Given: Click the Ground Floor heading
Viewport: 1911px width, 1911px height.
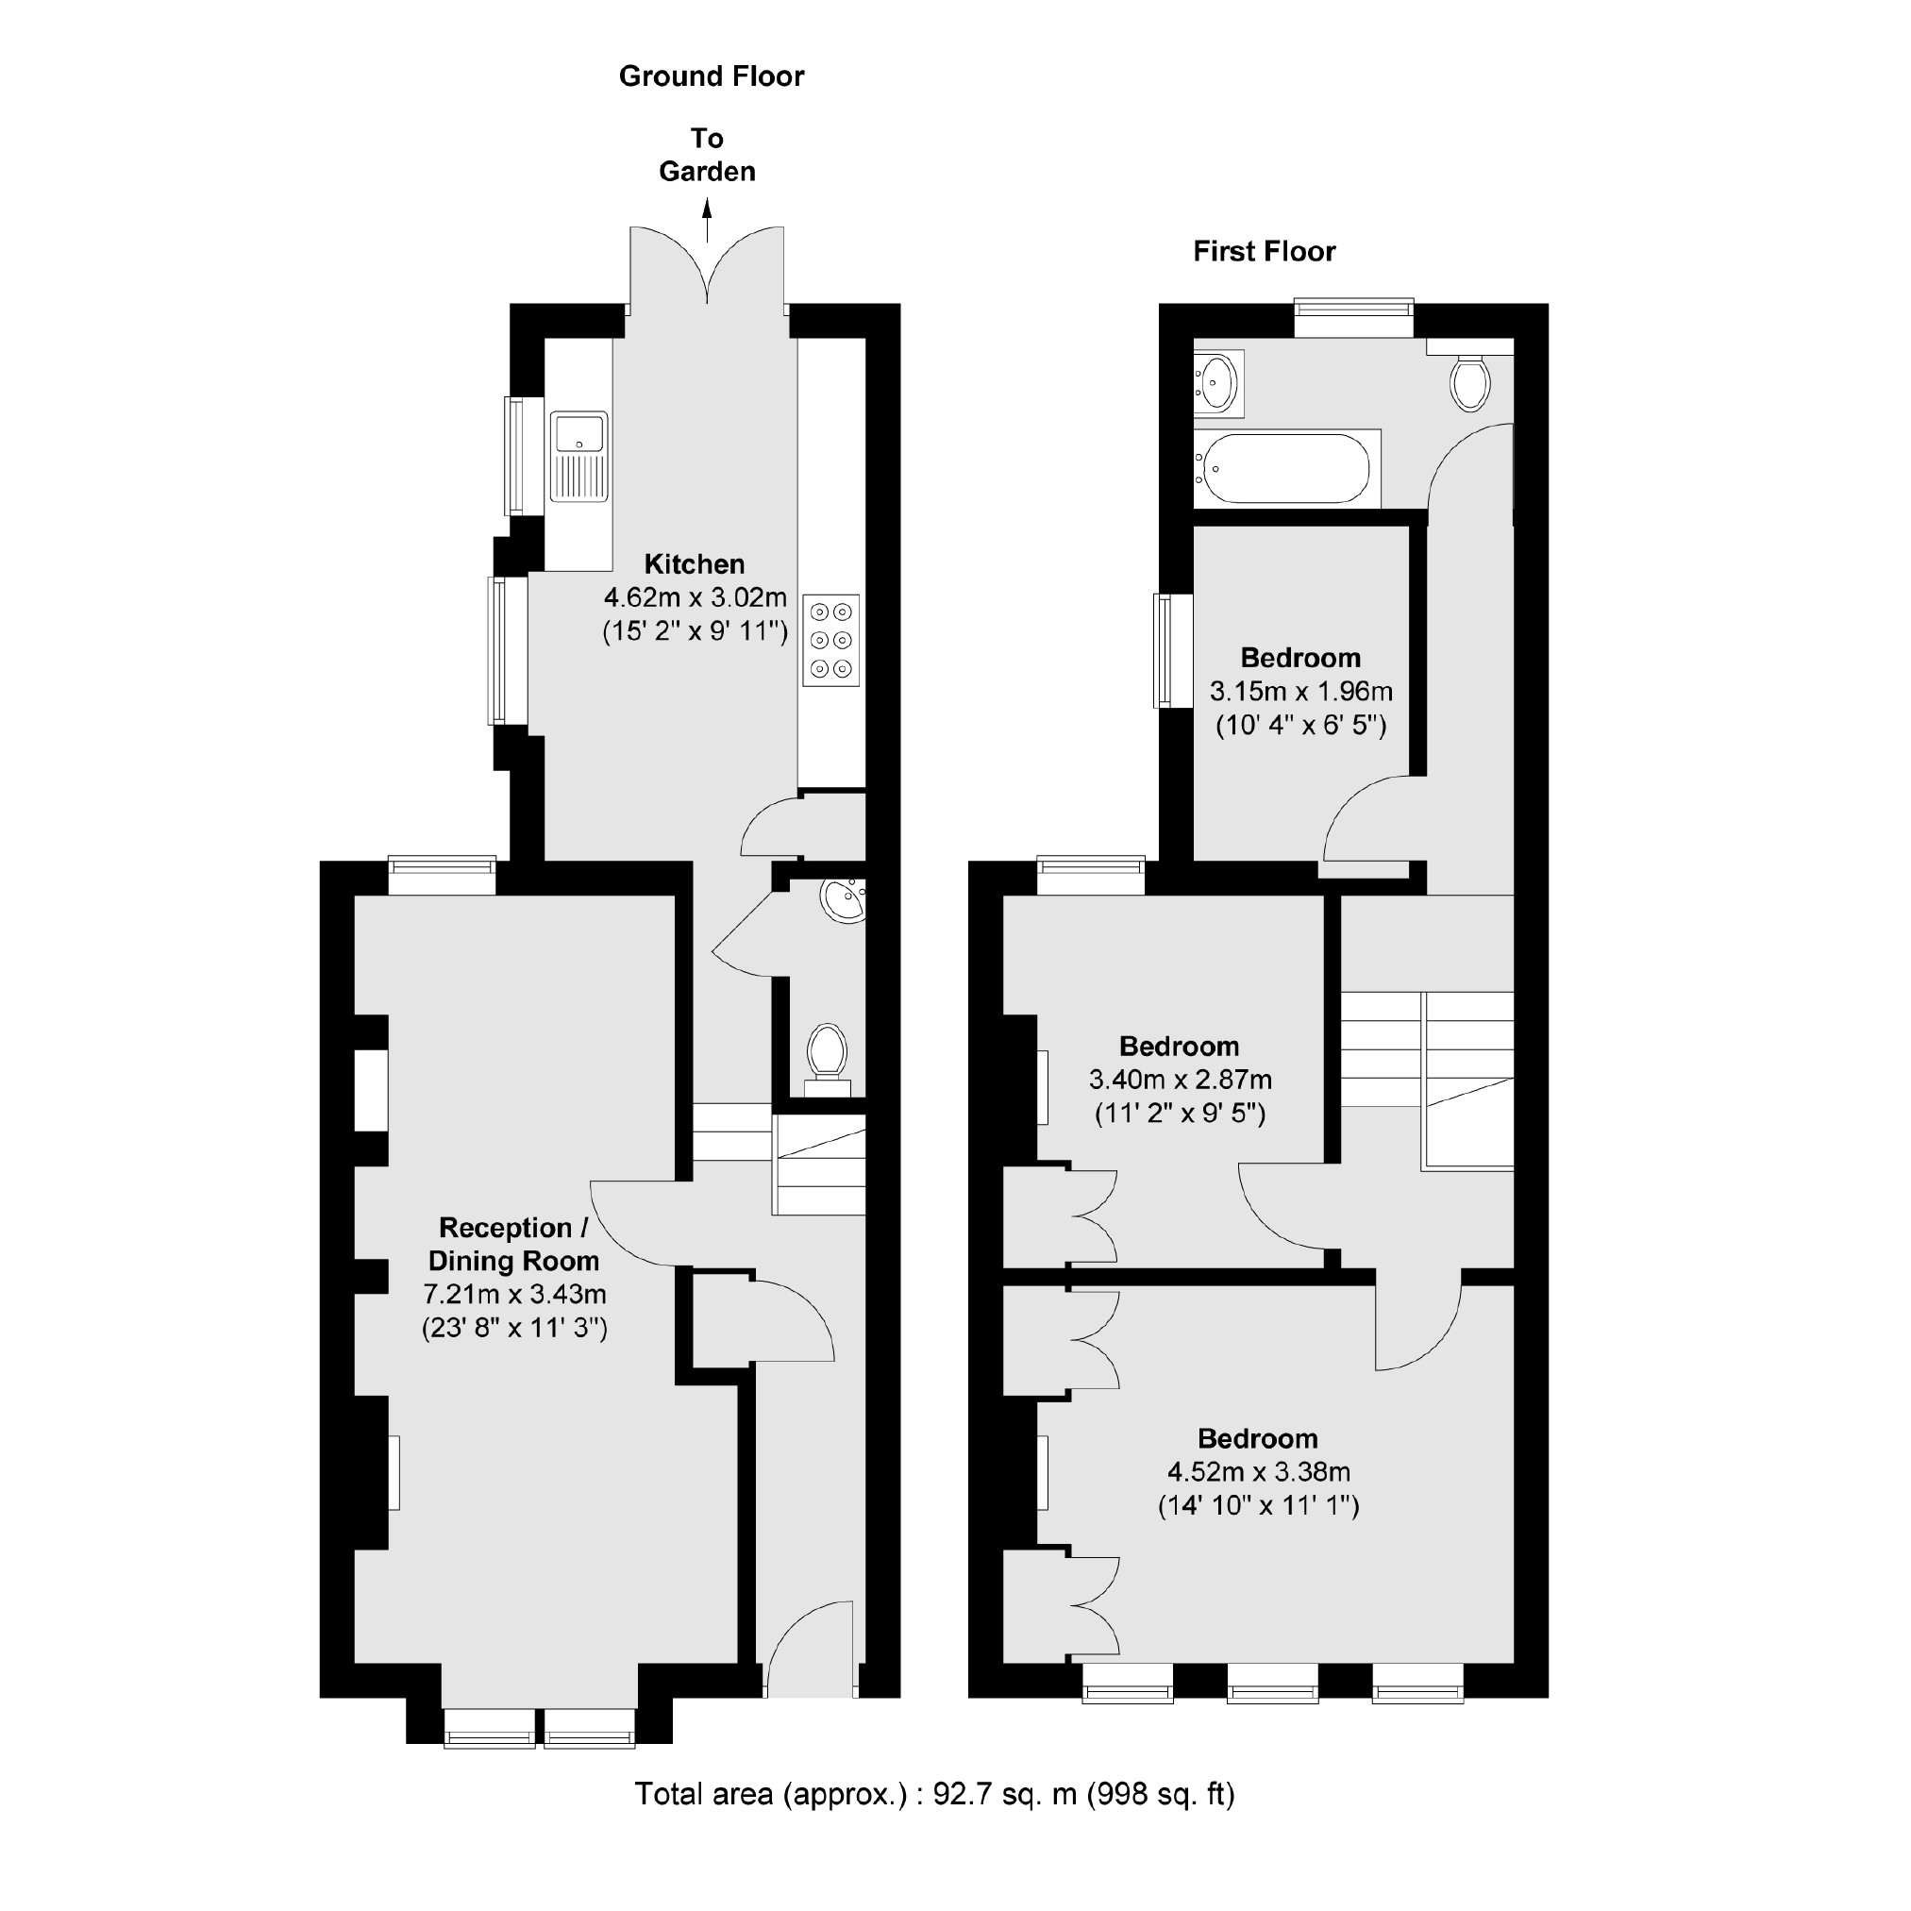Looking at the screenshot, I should pos(712,76).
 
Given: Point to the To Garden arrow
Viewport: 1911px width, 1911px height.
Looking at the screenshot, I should pos(707,221).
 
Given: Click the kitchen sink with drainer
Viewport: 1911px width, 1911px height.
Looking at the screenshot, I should pos(579,457).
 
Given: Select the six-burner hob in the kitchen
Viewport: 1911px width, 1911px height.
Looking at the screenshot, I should pos(830,640).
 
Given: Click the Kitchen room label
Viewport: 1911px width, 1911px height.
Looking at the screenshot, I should pos(695,563).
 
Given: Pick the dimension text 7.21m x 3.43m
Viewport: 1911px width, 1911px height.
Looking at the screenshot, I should pos(514,1294).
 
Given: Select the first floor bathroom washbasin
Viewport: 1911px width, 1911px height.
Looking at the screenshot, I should pos(1217,382).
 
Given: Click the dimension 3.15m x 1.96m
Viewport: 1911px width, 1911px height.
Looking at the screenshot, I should pos(1300,692).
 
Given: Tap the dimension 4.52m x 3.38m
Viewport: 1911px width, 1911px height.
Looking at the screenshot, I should pos(1258,1472).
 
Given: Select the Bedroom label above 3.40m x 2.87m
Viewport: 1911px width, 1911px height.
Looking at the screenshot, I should pos(1179,1046).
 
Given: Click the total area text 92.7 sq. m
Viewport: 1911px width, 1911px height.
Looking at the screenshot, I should pos(933,1794).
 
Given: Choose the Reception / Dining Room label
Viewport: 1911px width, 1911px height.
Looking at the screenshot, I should pos(513,1244).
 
